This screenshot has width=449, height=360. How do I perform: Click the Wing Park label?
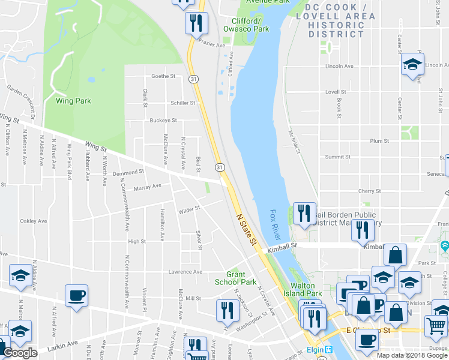73,101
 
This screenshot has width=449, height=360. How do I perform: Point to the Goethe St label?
163,76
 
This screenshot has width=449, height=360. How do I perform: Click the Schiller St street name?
183,103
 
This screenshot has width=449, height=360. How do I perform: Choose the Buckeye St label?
163,120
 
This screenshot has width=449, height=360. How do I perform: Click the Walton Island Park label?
306,290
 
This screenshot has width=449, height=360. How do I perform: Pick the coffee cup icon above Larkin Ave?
77,296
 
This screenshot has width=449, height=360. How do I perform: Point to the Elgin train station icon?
329,350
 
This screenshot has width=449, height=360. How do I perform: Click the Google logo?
20,353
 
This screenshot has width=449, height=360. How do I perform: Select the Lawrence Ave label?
185,272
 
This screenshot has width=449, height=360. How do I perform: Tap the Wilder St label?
188,211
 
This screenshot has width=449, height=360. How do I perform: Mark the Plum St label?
379,141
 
